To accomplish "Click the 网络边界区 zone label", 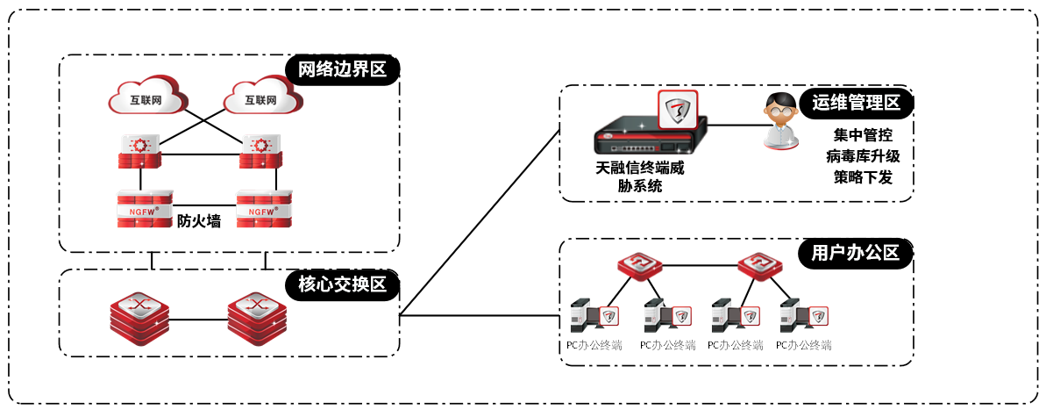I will tap(342, 70).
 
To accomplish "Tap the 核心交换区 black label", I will tap(342, 284).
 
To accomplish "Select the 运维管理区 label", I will tap(856, 103).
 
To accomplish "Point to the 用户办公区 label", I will tap(855, 253).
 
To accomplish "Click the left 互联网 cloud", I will tap(146, 98).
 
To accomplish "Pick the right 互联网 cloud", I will tap(260, 99).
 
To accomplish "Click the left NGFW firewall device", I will tap(140, 209).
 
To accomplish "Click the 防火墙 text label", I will tap(198, 221).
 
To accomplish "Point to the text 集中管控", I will tap(863, 136).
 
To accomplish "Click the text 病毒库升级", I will tap(863, 156).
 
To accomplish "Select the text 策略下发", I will tap(863, 177).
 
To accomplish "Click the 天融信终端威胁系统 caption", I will tap(639, 176).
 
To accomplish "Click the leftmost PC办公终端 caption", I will tap(594, 345).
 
